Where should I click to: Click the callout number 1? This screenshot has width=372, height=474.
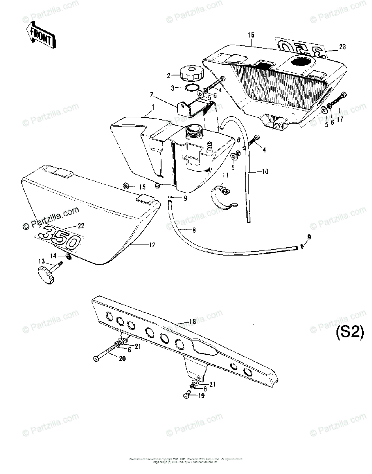click(153, 107)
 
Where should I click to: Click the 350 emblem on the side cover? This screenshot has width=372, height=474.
click(62, 236)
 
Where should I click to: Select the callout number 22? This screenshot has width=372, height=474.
click(81, 226)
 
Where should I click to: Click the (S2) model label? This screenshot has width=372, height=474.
click(349, 333)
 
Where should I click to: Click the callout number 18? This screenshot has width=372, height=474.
click(193, 322)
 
